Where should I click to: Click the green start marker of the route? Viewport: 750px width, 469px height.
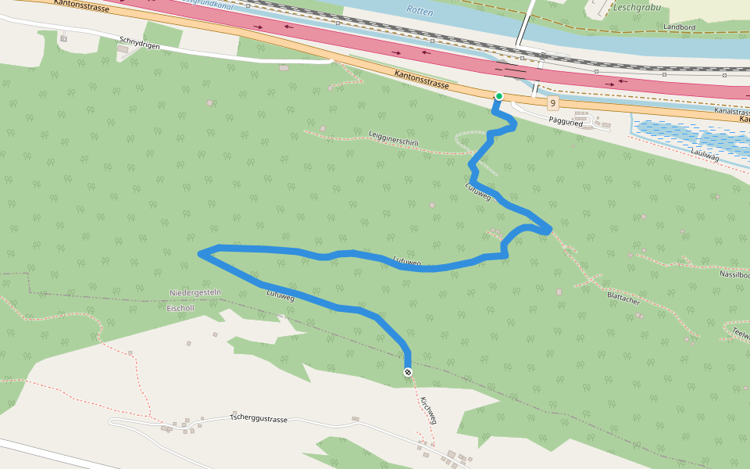point(498,96)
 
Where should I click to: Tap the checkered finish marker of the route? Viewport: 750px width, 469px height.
point(408,372)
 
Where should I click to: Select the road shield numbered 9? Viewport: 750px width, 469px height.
point(552,103)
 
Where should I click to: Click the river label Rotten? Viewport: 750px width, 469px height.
point(420,11)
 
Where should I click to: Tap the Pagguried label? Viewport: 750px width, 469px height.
point(567,121)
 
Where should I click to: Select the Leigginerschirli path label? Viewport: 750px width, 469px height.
point(394,138)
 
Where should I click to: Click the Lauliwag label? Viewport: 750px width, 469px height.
point(705,156)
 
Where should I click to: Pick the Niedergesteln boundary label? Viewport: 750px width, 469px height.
point(195,292)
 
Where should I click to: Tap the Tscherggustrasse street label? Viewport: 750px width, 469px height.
point(259,419)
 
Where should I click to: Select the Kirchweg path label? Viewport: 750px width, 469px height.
point(428,410)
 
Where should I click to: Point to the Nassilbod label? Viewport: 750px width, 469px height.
point(735,274)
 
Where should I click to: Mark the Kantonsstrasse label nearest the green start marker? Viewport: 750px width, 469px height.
point(423,78)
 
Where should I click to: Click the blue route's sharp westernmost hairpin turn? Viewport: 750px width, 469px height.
point(202,252)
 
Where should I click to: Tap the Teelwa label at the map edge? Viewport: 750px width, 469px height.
point(740,334)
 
